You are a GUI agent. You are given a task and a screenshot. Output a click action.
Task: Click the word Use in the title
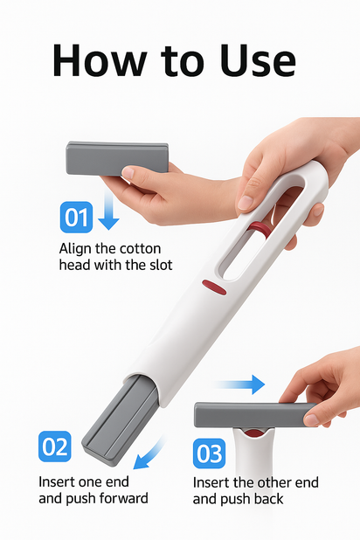pyautogui.click(x=258, y=60)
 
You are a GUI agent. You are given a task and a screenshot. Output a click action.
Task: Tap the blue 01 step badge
pyautogui.click(x=76, y=218)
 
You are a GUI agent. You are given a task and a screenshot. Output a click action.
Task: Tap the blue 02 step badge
pyautogui.click(x=55, y=447)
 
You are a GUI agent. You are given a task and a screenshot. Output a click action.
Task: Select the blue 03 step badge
pyautogui.click(x=209, y=453)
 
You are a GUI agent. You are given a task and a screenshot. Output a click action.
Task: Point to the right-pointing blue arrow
pyautogui.click(x=241, y=384)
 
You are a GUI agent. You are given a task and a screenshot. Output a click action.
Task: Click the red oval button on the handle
pyautogui.click(x=214, y=287)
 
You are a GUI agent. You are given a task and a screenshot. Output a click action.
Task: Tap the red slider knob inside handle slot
pyautogui.click(x=260, y=229)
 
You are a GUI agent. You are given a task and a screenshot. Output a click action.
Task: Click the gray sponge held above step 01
pyautogui.click(x=117, y=158)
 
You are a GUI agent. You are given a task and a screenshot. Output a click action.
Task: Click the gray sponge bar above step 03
pyautogui.click(x=255, y=415)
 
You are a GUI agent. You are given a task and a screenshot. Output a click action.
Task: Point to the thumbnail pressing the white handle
pyautogui.click(x=246, y=202)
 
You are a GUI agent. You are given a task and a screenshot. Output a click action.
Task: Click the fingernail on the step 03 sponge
pyautogui.click(x=311, y=419)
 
